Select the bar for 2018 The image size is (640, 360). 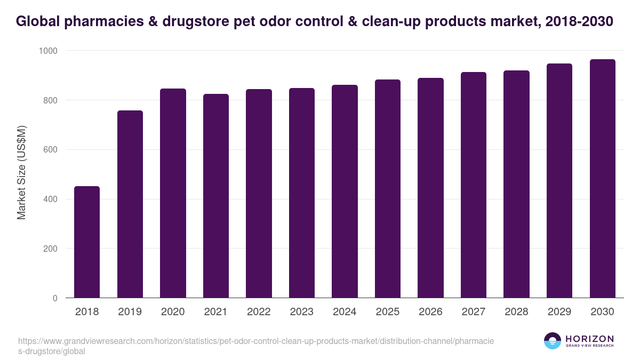point(86,242)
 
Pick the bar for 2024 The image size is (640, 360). point(345,191)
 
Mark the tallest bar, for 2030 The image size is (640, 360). point(602,179)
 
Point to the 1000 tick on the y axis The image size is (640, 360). point(48,51)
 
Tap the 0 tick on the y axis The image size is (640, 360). point(54,298)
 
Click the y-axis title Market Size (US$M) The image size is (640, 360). point(22,172)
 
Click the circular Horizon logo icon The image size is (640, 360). point(552,341)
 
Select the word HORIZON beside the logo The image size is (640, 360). point(589,338)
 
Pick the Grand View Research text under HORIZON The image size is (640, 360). point(589,346)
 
